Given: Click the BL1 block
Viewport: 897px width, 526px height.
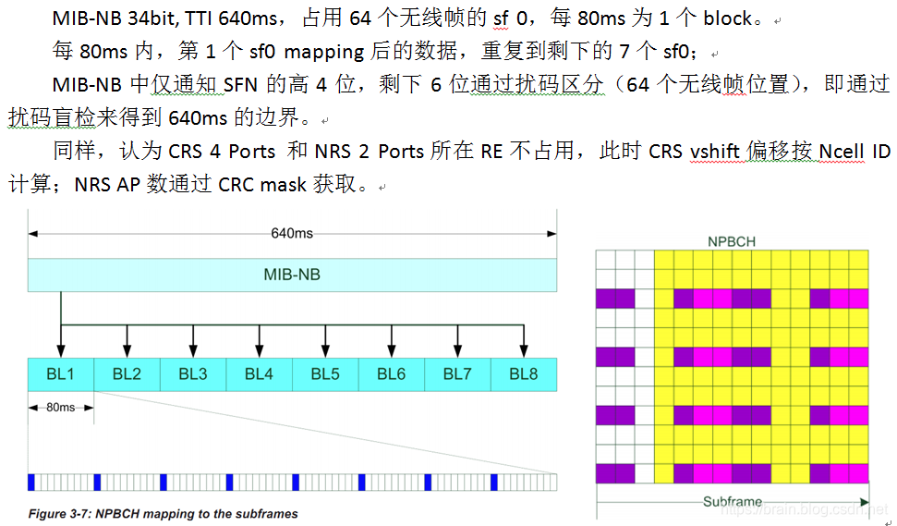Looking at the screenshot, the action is click(x=60, y=373).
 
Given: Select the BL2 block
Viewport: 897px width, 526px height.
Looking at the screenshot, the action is click(x=127, y=373).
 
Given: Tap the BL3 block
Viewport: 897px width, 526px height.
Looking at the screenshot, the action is click(x=192, y=373).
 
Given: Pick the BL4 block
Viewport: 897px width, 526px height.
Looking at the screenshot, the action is click(x=259, y=373).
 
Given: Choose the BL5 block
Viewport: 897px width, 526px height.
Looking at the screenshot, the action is click(x=325, y=373).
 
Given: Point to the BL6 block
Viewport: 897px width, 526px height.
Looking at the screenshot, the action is click(x=391, y=373).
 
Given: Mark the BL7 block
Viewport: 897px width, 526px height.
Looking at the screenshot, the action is click(x=457, y=373).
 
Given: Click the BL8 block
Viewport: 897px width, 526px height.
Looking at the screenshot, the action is click(x=524, y=373).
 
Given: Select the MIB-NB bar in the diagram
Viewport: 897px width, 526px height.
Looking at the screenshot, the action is click(x=292, y=275).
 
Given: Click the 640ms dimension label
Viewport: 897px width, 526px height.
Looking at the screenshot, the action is click(x=292, y=233).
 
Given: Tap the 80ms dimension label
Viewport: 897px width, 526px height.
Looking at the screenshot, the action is click(x=61, y=408).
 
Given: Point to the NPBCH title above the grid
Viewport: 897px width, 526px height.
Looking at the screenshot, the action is click(x=732, y=241).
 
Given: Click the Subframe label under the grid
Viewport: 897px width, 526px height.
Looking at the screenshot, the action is click(x=732, y=502).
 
